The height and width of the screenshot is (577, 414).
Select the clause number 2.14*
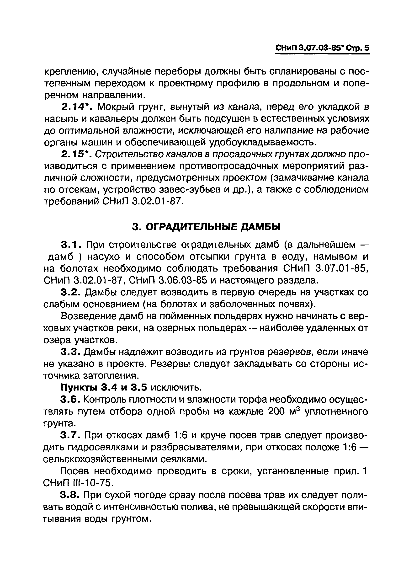click(x=76, y=107)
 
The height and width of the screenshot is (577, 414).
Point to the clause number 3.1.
click(x=71, y=245)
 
